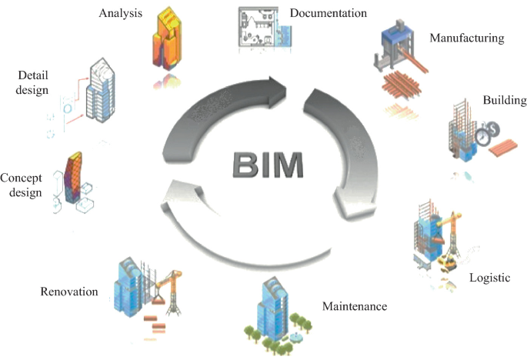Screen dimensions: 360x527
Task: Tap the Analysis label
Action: (122, 13)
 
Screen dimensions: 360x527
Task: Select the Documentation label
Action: (329, 13)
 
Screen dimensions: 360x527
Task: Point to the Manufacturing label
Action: (466, 37)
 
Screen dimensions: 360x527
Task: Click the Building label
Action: (505, 101)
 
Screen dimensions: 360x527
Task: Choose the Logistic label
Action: (489, 277)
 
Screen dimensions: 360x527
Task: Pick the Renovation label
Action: (69, 292)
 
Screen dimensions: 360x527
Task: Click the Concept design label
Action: (21, 185)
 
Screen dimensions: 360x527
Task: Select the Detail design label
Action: (33, 82)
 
